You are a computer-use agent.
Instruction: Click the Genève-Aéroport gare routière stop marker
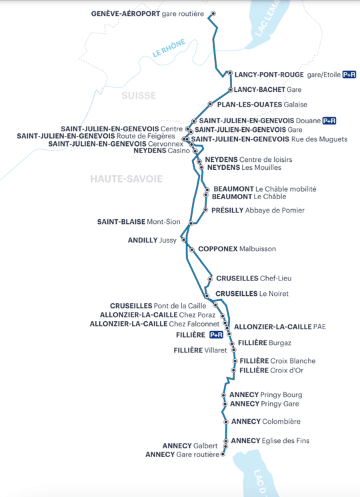click(x=213, y=13)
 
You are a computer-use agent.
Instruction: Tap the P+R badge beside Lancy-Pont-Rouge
click(x=349, y=75)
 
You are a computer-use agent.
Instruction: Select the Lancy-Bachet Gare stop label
click(x=268, y=90)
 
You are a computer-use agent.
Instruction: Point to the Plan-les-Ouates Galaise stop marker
click(x=210, y=104)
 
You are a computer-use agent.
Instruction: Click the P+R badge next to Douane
click(x=329, y=121)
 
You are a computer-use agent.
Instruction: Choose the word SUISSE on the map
click(x=139, y=95)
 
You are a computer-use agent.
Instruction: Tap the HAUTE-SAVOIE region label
click(x=126, y=179)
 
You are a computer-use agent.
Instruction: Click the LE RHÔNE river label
click(x=169, y=49)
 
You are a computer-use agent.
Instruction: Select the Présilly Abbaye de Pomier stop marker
click(x=205, y=209)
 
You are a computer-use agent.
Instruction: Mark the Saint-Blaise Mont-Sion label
click(x=139, y=222)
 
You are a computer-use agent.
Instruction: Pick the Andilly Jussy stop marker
click(x=183, y=240)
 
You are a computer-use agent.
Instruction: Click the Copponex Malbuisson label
click(x=237, y=248)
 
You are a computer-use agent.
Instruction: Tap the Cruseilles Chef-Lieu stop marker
click(x=210, y=279)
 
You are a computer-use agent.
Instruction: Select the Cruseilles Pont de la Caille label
click(x=158, y=306)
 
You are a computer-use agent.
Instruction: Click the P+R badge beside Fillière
click(x=216, y=334)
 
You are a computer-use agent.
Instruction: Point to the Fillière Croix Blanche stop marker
click(x=235, y=361)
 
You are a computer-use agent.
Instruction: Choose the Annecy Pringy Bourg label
click(x=266, y=395)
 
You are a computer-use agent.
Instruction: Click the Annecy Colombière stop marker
click(x=226, y=422)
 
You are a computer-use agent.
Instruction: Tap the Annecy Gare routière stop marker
click(x=223, y=454)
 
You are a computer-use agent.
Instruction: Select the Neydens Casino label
click(x=161, y=151)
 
